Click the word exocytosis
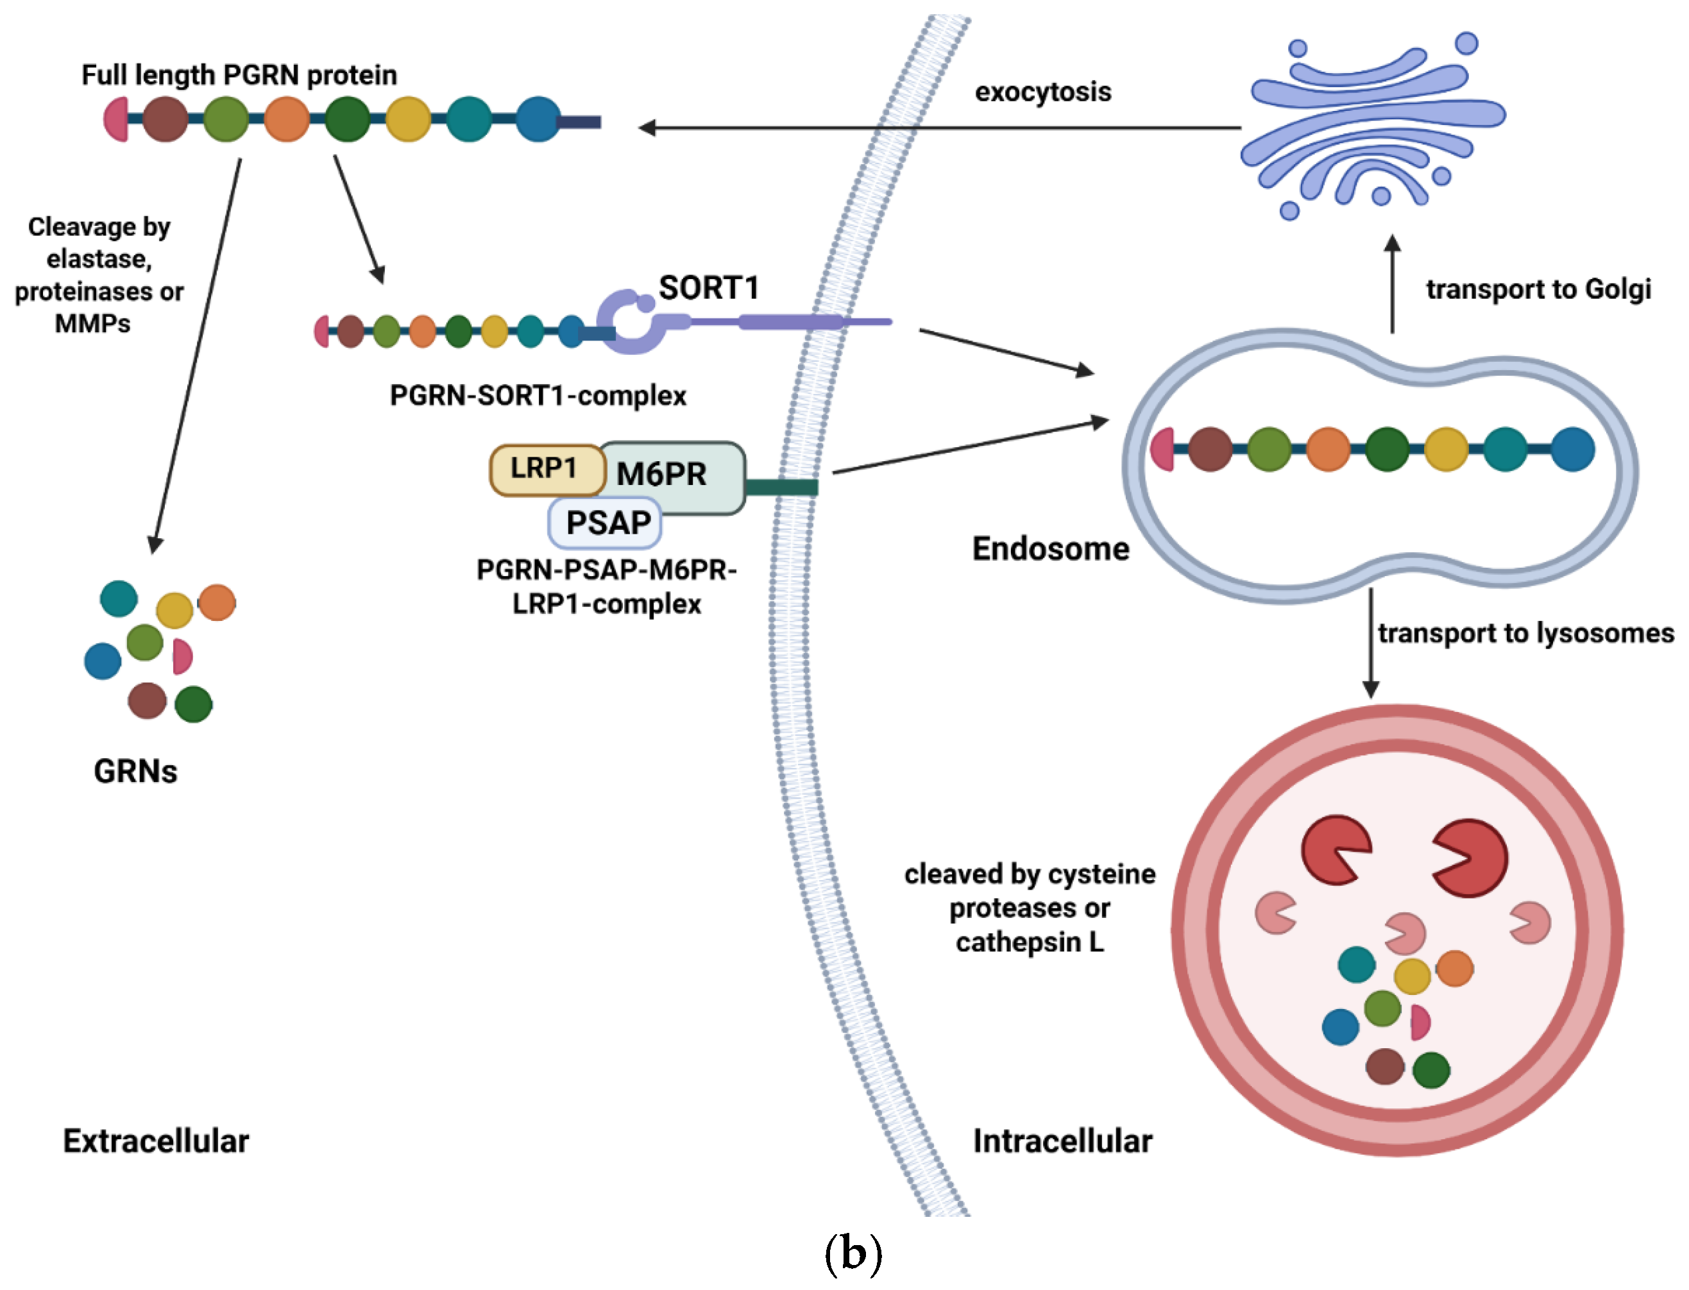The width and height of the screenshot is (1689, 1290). (1042, 92)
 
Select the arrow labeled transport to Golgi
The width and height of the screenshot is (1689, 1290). (1392, 284)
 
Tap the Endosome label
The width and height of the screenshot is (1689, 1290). (1050, 549)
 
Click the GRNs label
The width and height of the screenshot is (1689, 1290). (135, 771)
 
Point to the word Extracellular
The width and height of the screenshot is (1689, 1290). (156, 1141)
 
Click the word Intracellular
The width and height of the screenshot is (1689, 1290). (1062, 1141)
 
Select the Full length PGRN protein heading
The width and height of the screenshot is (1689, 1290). (239, 75)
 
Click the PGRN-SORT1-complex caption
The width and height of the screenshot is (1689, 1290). (538, 395)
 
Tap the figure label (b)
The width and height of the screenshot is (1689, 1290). (852, 1253)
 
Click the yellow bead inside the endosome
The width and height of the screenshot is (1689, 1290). (1446, 449)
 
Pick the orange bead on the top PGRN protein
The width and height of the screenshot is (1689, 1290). (286, 119)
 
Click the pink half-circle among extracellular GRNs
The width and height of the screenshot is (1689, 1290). (182, 656)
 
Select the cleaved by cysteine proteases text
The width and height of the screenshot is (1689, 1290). (1030, 908)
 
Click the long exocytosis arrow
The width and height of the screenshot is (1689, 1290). (937, 128)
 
